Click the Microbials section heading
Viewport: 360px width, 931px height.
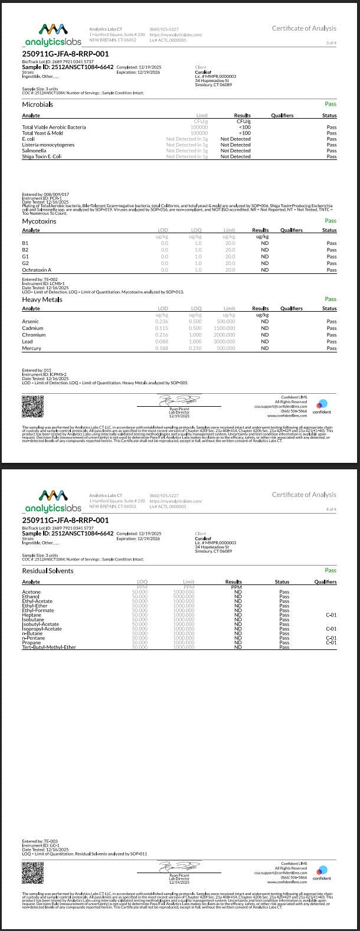click(37, 104)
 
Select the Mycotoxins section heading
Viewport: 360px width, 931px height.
click(39, 221)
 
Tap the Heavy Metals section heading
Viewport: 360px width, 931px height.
click(42, 299)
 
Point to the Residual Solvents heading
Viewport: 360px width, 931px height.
click(48, 571)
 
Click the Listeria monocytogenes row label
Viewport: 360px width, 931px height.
click(48, 145)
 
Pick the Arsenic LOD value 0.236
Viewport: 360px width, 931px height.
click(161, 322)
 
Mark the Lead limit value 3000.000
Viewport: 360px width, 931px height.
click(225, 342)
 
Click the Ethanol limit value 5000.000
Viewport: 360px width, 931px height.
click(184, 597)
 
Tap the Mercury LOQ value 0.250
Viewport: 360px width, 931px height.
click(195, 348)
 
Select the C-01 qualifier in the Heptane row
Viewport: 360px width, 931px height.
click(331, 615)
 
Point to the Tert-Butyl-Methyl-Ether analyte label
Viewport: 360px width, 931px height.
click(49, 647)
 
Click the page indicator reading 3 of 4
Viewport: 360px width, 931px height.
click(331, 43)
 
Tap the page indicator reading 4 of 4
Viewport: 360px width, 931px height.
click(331, 509)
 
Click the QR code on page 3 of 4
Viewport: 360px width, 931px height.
click(33, 406)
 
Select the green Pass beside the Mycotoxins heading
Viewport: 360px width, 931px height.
click(330, 221)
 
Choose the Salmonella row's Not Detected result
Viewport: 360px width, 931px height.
click(235, 151)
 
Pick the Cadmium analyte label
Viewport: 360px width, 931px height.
click(32, 328)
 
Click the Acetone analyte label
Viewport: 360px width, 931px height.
click(31, 592)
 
